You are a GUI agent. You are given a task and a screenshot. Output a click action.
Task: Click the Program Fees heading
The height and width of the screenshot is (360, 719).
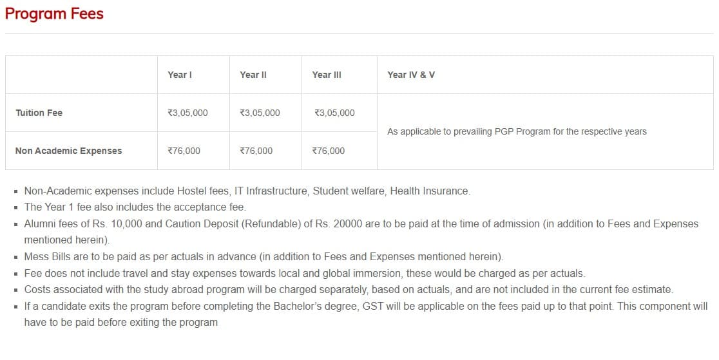click(x=54, y=14)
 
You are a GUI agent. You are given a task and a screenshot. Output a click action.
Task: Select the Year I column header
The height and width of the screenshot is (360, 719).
click(x=180, y=75)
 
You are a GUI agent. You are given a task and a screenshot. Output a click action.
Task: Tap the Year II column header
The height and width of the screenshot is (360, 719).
click(x=253, y=75)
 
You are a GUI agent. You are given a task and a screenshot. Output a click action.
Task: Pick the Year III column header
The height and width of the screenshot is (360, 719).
click(x=327, y=75)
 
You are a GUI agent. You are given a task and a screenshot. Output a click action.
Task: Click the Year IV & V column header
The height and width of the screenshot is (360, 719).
click(x=411, y=75)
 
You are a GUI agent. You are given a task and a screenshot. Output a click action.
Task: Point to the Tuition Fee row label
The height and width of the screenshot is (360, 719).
click(x=39, y=113)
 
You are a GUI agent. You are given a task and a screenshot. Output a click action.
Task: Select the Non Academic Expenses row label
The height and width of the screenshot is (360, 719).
click(x=68, y=151)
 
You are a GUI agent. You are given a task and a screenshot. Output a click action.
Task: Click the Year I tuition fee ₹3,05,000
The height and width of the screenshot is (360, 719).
click(x=187, y=113)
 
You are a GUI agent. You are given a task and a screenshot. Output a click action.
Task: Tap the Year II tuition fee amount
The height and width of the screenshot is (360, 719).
click(x=260, y=113)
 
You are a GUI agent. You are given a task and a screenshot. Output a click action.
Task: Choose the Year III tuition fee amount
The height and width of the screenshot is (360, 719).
click(x=334, y=113)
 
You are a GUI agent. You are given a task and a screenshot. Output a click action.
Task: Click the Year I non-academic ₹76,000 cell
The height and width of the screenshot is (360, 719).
click(x=184, y=151)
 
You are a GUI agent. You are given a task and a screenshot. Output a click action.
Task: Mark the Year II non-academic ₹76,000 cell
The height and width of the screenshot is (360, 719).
click(x=256, y=151)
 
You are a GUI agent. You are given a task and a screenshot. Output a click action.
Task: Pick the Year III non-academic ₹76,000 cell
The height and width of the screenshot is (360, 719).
click(x=328, y=151)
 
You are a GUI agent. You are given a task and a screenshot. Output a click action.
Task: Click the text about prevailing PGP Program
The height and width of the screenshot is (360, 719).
click(x=517, y=131)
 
